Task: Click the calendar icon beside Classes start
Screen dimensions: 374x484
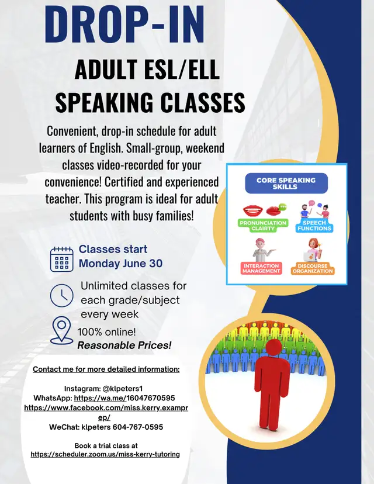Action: coord(62,260)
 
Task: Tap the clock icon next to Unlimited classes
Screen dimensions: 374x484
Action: coord(62,295)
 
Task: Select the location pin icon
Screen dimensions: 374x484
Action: coord(62,330)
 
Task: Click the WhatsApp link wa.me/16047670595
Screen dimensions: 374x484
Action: coord(124,398)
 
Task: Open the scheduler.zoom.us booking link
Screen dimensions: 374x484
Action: coord(105,454)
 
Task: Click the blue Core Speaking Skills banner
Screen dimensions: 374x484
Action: coord(286,184)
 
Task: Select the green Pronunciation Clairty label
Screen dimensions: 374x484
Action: coord(263,226)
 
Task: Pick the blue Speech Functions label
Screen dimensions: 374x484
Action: coord(314,226)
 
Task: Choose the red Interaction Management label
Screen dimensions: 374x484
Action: coord(261,268)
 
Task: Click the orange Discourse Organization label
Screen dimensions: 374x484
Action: coord(313,268)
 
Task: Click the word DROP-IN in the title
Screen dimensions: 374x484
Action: coord(124,24)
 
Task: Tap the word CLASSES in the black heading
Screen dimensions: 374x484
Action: coord(203,102)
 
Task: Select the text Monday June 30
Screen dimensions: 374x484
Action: coord(120,263)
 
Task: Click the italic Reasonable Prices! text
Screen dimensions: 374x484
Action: coord(124,345)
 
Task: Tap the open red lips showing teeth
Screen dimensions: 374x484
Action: coord(253,211)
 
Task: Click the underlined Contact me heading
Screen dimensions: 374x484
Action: coord(106,369)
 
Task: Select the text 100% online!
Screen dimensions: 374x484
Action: coord(106,332)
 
